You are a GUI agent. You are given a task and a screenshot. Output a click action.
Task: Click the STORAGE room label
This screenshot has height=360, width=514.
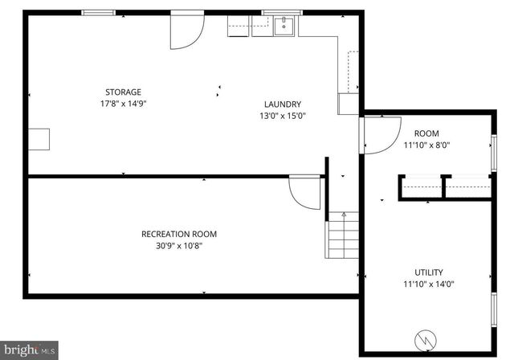[123, 92]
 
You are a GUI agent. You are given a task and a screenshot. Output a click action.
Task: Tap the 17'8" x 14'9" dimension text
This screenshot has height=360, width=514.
[123, 104]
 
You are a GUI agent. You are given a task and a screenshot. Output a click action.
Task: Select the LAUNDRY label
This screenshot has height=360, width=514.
[283, 104]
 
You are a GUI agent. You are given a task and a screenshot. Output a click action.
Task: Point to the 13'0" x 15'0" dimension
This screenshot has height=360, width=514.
[283, 116]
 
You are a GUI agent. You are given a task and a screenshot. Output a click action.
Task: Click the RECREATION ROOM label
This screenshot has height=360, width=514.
[179, 234]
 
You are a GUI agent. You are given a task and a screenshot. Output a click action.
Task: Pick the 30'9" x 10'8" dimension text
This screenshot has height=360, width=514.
[179, 246]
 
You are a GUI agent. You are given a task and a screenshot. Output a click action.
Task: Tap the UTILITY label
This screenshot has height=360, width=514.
[428, 272]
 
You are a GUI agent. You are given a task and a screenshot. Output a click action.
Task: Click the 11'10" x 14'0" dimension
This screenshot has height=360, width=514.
[428, 284]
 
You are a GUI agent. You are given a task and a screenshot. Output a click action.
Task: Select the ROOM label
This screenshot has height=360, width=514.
[426, 133]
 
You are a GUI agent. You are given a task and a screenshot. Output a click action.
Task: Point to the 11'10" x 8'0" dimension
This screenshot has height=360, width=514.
[426, 145]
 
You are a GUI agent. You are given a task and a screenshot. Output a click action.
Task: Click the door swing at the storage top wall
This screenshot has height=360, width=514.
[186, 29]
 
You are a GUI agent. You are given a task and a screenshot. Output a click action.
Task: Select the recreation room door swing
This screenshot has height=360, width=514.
[305, 193]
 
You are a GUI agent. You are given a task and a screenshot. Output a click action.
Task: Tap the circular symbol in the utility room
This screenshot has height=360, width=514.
[426, 342]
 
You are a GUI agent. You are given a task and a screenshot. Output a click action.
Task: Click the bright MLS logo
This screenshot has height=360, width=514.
[30, 350]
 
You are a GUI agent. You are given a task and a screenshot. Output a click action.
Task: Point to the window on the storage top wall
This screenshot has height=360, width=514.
[97, 12]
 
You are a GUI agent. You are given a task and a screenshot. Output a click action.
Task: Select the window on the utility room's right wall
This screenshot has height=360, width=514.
[493, 310]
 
